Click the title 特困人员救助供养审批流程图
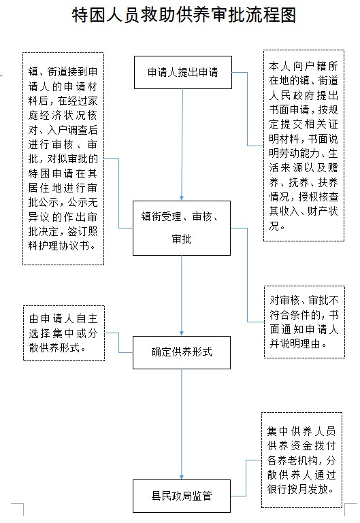coord(184,16)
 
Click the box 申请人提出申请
coord(183,72)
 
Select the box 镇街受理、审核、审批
coord(182,228)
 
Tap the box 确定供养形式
coord(182,352)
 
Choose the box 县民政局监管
coord(182,496)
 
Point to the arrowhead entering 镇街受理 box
coord(182,198)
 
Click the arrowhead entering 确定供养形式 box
coord(182,333)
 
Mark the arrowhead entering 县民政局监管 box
coord(182,477)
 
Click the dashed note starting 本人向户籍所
coord(304,146)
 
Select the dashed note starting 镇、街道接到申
coord(63,158)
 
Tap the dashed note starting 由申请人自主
coord(64,333)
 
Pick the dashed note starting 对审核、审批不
coord(304,322)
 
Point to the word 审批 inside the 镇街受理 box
coord(182,239)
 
